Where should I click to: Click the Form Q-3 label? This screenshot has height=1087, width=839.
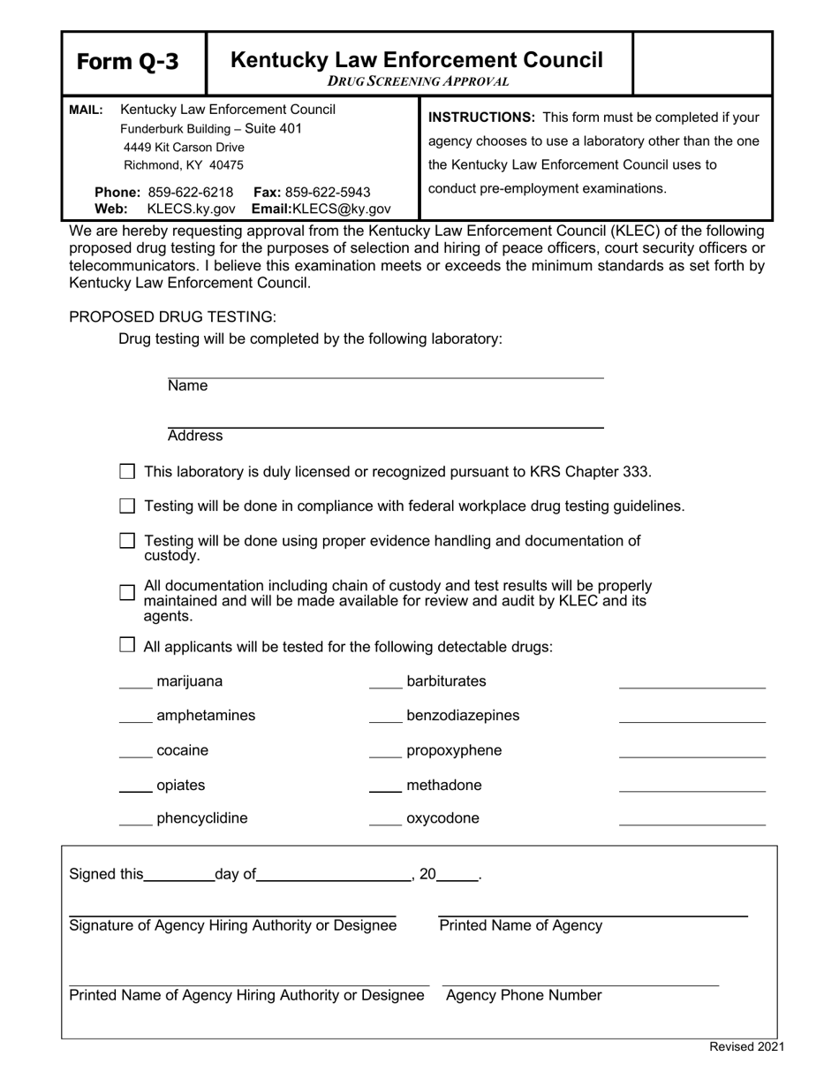coord(127,62)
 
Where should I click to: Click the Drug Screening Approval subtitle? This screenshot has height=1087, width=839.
coord(418,81)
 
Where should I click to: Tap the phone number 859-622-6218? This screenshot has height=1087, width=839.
coord(191,193)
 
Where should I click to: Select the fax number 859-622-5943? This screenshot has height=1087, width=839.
coord(328,193)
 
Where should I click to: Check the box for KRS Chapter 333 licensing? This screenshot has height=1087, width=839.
coord(127,472)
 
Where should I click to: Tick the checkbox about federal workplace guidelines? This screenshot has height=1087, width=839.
coord(127,506)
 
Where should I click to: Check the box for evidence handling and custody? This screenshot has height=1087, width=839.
coord(127,540)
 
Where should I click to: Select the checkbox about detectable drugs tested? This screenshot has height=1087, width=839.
coord(127,646)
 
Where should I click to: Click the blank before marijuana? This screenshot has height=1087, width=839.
coord(135,684)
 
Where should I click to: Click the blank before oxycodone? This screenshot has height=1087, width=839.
coord(385,822)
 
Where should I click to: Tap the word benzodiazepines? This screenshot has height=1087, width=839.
coord(463,716)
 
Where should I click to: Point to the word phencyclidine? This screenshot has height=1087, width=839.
coord(201,818)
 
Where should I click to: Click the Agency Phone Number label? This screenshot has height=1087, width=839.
coord(524,996)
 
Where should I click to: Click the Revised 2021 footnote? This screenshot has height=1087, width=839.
coord(746,1047)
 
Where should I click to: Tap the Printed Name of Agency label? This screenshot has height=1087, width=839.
coord(520,926)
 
